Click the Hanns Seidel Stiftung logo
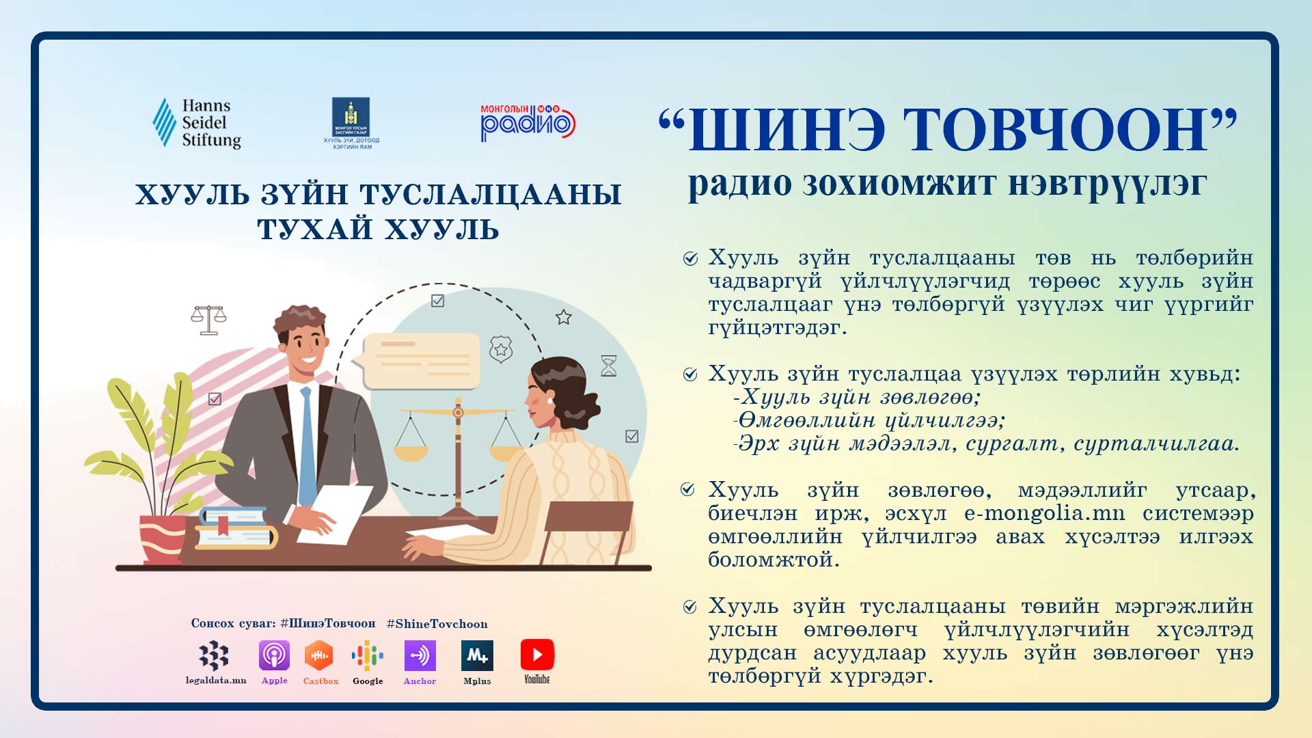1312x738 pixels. pos(197,123)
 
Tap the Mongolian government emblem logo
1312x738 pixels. pos(351,123)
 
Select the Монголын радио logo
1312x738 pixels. pos(528,123)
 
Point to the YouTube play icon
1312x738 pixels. pos(537,655)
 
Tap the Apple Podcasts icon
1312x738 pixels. pos(274,656)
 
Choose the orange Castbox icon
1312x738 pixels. pos(318,656)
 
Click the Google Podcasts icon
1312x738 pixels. pos(368,656)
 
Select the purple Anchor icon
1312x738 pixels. pos(420,656)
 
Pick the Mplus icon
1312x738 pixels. pos(477,656)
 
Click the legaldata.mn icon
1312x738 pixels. pos(214,656)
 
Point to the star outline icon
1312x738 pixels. pos(563,317)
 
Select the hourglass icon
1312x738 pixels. pos(608,366)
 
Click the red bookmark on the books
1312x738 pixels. pos(223,525)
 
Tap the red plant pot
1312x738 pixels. pos(163,539)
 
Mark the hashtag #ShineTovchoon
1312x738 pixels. pos(437,624)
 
